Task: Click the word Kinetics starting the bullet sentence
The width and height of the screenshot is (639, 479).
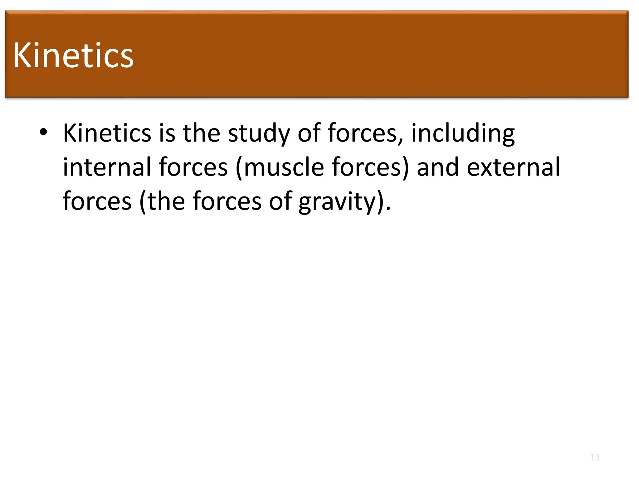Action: point(107,133)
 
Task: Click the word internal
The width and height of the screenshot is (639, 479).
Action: point(107,167)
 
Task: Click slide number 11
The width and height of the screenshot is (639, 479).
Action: point(595,457)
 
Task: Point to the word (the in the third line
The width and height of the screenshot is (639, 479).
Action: point(162,202)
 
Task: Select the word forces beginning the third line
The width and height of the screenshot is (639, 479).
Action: point(97,202)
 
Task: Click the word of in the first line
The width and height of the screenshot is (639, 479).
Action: point(309,133)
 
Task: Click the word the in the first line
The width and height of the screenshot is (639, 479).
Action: point(202,133)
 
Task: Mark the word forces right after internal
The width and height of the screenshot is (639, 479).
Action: point(193,167)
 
